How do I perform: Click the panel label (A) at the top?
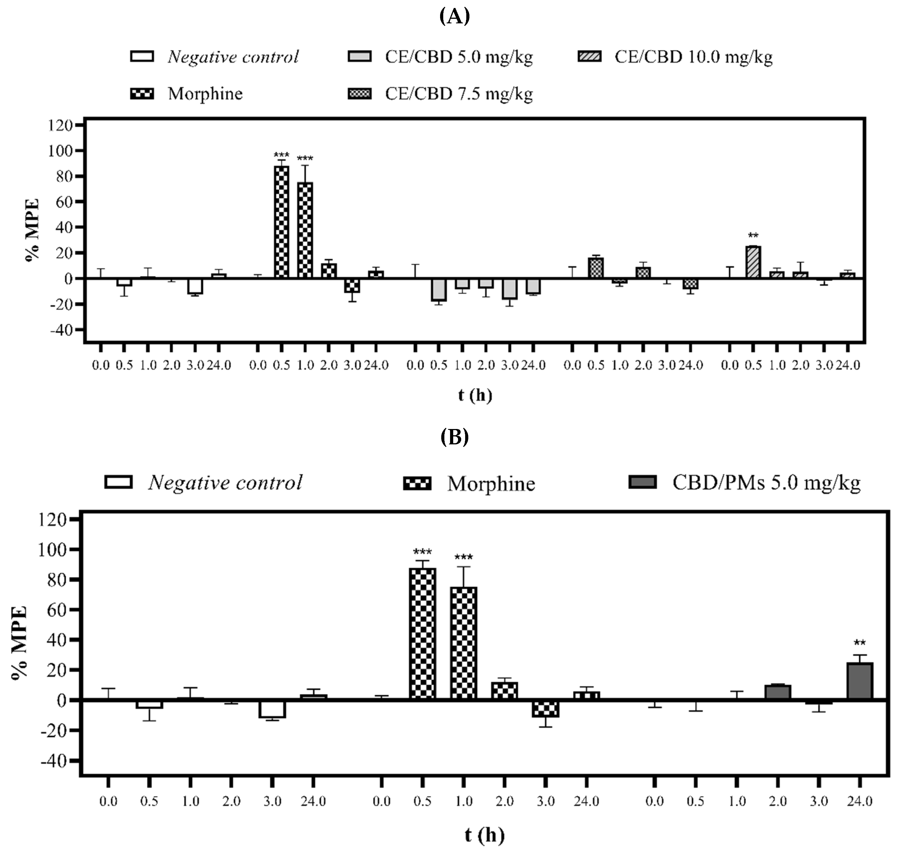coord(454,17)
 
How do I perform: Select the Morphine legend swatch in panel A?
coord(142,94)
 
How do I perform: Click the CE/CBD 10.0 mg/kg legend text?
coord(693,57)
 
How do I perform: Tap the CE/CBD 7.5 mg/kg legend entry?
coord(459,94)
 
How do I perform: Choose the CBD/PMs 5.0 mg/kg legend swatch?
coord(643,482)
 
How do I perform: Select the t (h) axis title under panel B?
coord(485,835)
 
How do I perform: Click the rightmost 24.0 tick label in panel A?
coord(847,365)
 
